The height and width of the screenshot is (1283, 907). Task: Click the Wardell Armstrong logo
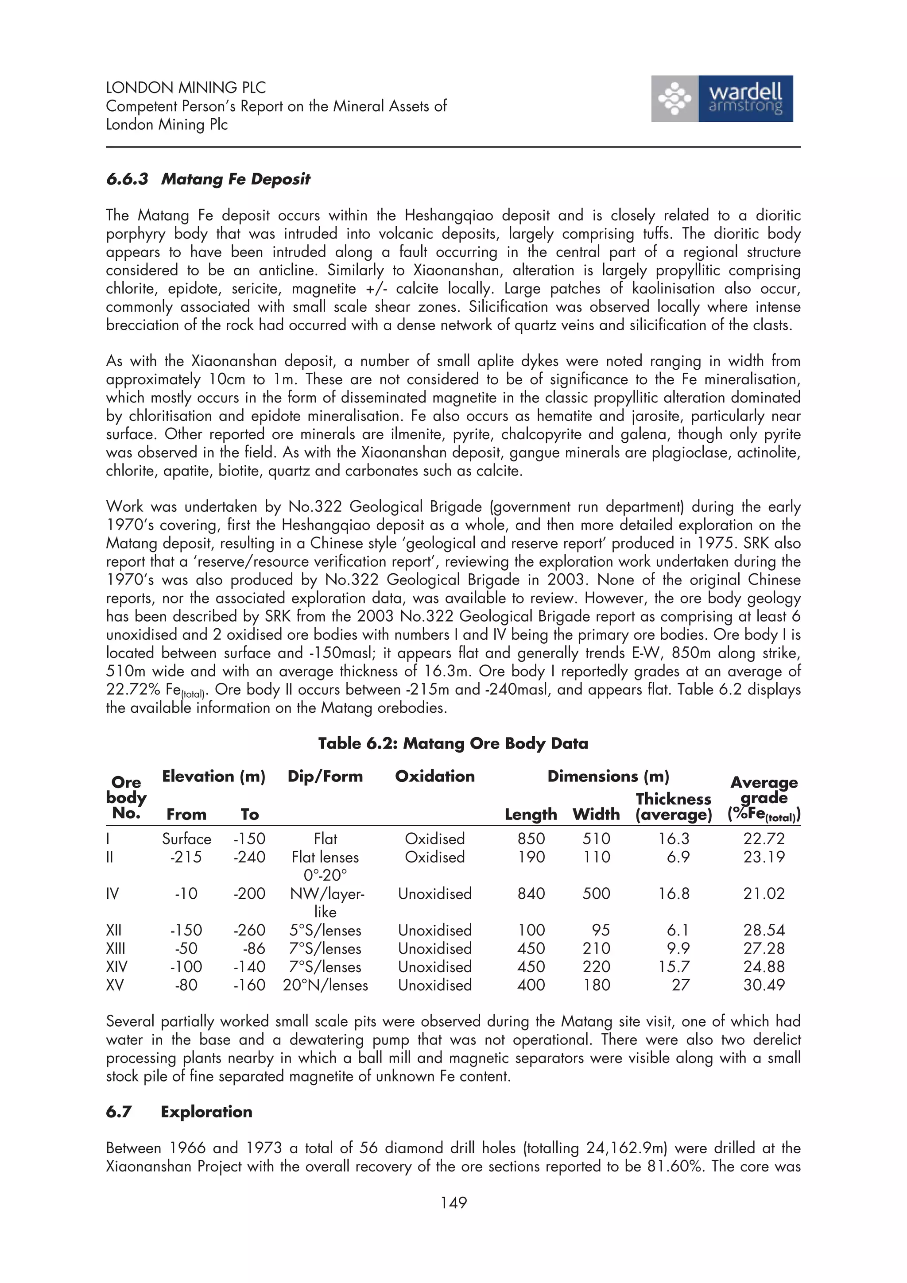[x=721, y=99]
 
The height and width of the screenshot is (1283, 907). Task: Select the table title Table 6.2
[x=453, y=743]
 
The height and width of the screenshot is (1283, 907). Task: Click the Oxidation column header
[x=435, y=776]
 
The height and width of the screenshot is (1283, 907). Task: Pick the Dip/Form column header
[x=325, y=776]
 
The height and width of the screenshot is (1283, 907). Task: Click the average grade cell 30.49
[x=764, y=985]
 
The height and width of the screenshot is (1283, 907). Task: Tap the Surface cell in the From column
[x=186, y=839]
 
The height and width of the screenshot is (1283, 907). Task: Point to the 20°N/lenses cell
[x=325, y=985]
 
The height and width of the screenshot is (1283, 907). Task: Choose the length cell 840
[x=531, y=893]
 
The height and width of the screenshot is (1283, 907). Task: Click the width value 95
[x=601, y=931]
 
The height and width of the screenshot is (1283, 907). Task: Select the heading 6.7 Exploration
[x=179, y=1112]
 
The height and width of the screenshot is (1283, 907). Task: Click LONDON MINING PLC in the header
[x=186, y=88]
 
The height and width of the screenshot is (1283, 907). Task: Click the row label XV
[x=115, y=985]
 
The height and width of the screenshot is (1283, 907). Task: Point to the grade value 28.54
[x=764, y=931]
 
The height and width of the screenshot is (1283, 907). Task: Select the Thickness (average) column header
[x=674, y=807]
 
